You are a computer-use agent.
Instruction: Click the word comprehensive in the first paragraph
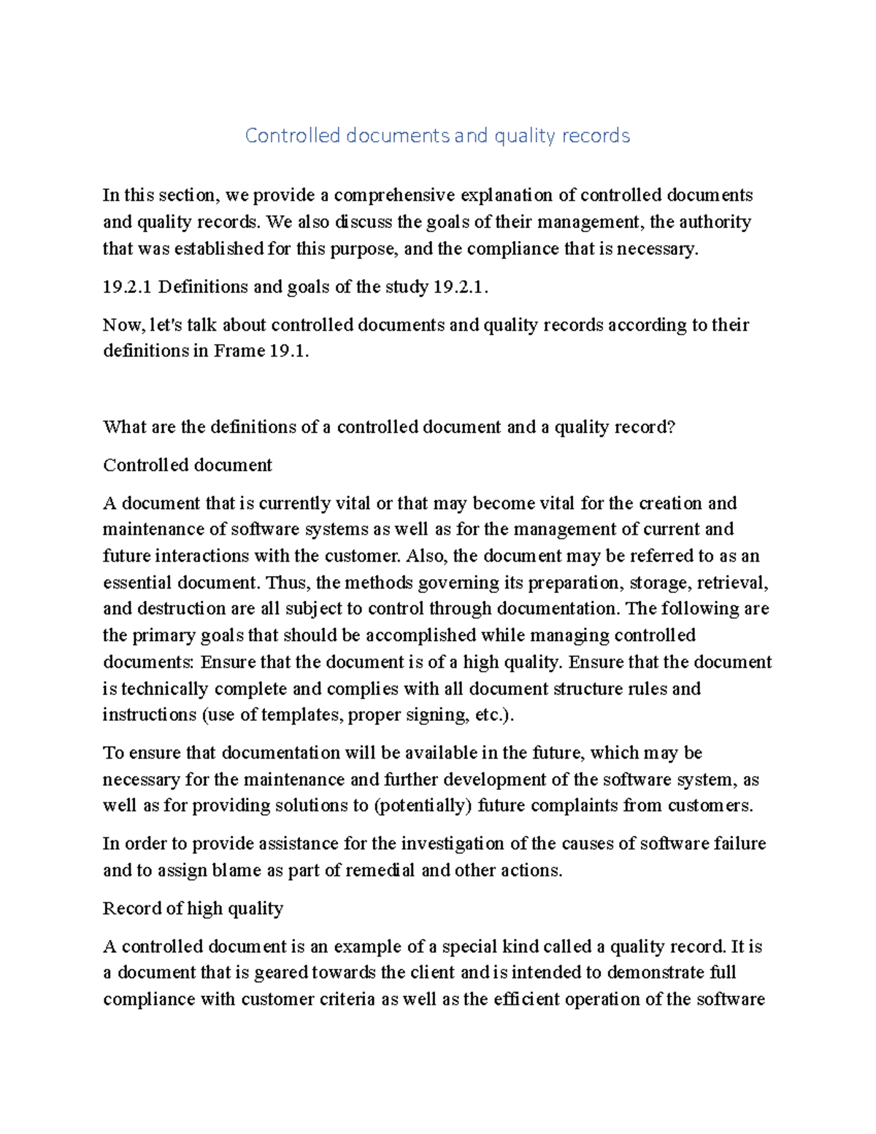tap(394, 196)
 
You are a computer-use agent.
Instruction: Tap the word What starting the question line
tap(125, 427)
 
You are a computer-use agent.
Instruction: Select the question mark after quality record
tap(672, 427)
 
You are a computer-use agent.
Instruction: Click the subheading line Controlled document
tap(188, 465)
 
